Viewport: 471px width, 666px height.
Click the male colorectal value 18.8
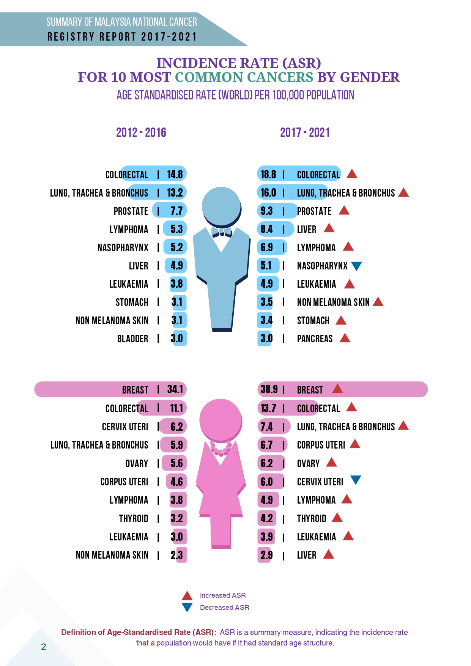point(268,174)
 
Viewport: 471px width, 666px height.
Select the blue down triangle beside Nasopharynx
point(356,266)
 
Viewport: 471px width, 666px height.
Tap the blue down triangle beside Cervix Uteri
point(356,480)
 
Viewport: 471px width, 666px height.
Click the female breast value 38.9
point(269,389)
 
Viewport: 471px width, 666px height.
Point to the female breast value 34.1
point(175,389)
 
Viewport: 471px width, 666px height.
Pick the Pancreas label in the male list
point(315,339)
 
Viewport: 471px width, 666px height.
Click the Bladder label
point(132,339)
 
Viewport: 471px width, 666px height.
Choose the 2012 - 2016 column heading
point(141,133)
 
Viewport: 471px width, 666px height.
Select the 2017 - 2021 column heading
point(305,133)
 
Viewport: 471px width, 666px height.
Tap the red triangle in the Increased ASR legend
point(187,595)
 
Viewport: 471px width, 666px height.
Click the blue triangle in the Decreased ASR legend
point(187,607)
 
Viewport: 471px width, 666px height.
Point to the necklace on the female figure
point(221,449)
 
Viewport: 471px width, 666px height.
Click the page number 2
point(44,647)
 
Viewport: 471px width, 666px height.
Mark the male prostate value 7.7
point(176,211)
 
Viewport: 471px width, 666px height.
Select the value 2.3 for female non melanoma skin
point(176,555)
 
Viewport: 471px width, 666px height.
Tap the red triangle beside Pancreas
point(345,338)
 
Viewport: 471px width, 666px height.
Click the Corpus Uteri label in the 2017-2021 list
point(321,445)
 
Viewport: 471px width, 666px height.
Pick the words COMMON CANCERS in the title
point(244,77)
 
